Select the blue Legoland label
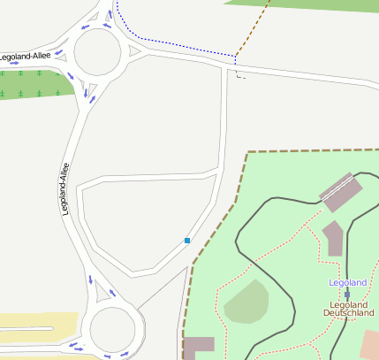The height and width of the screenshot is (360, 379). [x=347, y=282]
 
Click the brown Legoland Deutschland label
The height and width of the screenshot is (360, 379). [x=348, y=308]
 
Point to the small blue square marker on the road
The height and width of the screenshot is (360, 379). [x=187, y=240]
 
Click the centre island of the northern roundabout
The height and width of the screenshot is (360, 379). [x=97, y=54]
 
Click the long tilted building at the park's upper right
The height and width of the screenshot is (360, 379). [x=341, y=192]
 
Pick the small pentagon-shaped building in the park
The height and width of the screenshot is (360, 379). [x=332, y=238]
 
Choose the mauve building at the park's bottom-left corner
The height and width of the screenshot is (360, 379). [x=199, y=348]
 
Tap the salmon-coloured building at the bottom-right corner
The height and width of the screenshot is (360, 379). [x=370, y=345]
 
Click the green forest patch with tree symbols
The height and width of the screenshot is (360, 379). [x=35, y=84]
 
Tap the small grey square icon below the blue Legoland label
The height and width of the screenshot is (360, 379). [x=347, y=293]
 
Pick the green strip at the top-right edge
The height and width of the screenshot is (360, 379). [x=309, y=4]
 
